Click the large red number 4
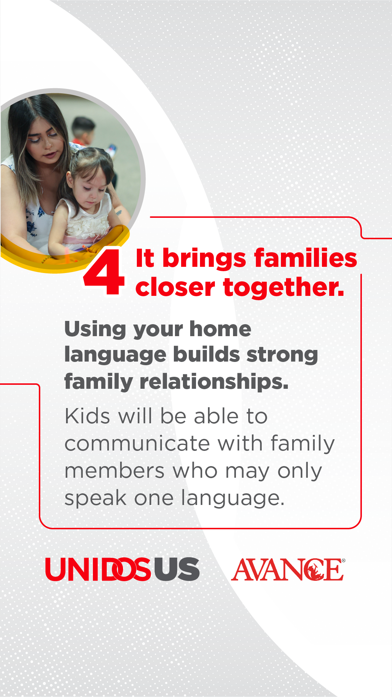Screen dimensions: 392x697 click(x=104, y=272)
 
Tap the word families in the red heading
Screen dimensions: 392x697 click(x=306, y=258)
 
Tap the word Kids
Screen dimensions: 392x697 click(x=87, y=416)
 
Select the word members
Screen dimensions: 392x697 click(x=115, y=471)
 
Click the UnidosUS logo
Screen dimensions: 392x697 click(x=122, y=569)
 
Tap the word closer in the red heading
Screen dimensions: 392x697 click(x=175, y=288)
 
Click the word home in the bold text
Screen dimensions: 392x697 click(x=220, y=329)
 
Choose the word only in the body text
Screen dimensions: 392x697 click(x=300, y=472)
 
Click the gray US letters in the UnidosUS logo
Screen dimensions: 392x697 click(x=177, y=569)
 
